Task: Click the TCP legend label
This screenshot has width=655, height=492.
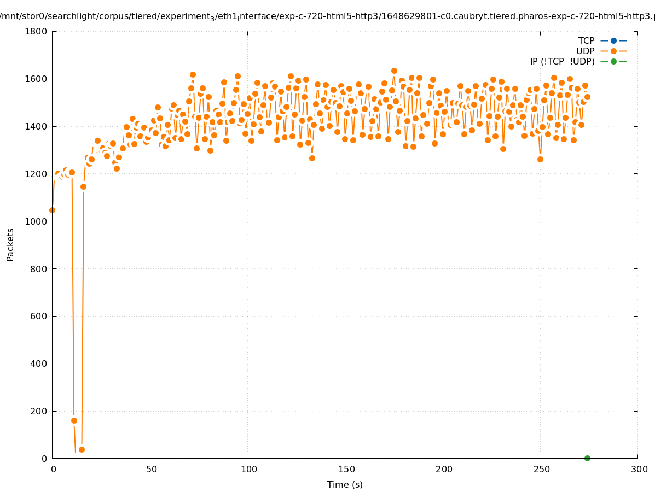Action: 586,40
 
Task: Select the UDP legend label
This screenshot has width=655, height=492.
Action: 585,51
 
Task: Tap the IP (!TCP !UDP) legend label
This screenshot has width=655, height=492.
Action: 562,61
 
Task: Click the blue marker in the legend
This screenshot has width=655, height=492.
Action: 613,40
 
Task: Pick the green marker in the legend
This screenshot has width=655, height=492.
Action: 613,61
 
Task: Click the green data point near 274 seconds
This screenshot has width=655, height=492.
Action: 587,458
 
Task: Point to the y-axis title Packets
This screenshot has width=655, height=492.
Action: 10,244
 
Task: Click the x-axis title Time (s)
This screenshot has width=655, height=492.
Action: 345,484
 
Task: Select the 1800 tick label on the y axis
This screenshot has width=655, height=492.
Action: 36,31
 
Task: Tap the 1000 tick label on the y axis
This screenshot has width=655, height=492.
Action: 36,221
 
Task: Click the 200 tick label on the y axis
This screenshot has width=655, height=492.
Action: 39,411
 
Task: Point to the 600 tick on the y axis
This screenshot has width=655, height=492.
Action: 39,316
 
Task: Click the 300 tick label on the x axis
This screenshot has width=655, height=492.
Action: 639,469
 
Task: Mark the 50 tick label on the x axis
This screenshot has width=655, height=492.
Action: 152,469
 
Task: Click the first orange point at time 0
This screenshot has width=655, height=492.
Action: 52,210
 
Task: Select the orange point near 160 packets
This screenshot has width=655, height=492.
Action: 74,420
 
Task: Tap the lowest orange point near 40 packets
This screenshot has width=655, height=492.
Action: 82,449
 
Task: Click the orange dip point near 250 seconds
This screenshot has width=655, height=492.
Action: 540,159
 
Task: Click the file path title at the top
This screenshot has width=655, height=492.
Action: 327,16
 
